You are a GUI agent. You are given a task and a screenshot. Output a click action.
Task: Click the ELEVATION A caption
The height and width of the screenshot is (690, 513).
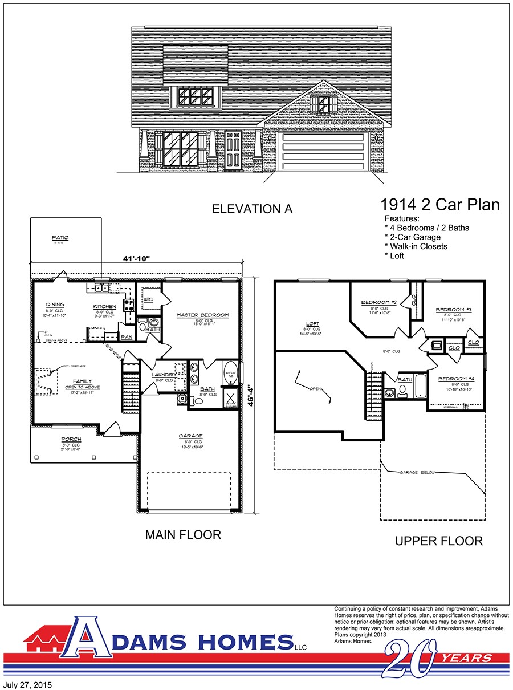[252, 209]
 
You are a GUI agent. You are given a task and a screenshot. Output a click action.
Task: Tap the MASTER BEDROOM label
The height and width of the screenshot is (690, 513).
[202, 315]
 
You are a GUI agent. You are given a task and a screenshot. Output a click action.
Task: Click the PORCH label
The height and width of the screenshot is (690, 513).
[72, 439]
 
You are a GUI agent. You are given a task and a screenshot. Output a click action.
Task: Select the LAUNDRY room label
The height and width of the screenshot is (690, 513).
[165, 375]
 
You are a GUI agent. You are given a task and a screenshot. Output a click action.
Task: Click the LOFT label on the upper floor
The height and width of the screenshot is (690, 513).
[312, 324]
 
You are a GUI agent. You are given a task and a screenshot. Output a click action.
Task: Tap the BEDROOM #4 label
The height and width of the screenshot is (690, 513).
[457, 379]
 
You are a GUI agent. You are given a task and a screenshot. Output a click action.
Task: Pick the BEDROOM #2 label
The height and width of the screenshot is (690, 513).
[378, 302]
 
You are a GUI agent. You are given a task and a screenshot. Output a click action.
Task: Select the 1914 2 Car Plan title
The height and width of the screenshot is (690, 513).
[439, 205]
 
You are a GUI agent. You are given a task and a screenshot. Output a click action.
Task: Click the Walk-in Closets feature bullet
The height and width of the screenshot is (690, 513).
[416, 246]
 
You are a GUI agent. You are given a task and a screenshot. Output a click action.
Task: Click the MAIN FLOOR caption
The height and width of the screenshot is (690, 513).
[183, 534]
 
